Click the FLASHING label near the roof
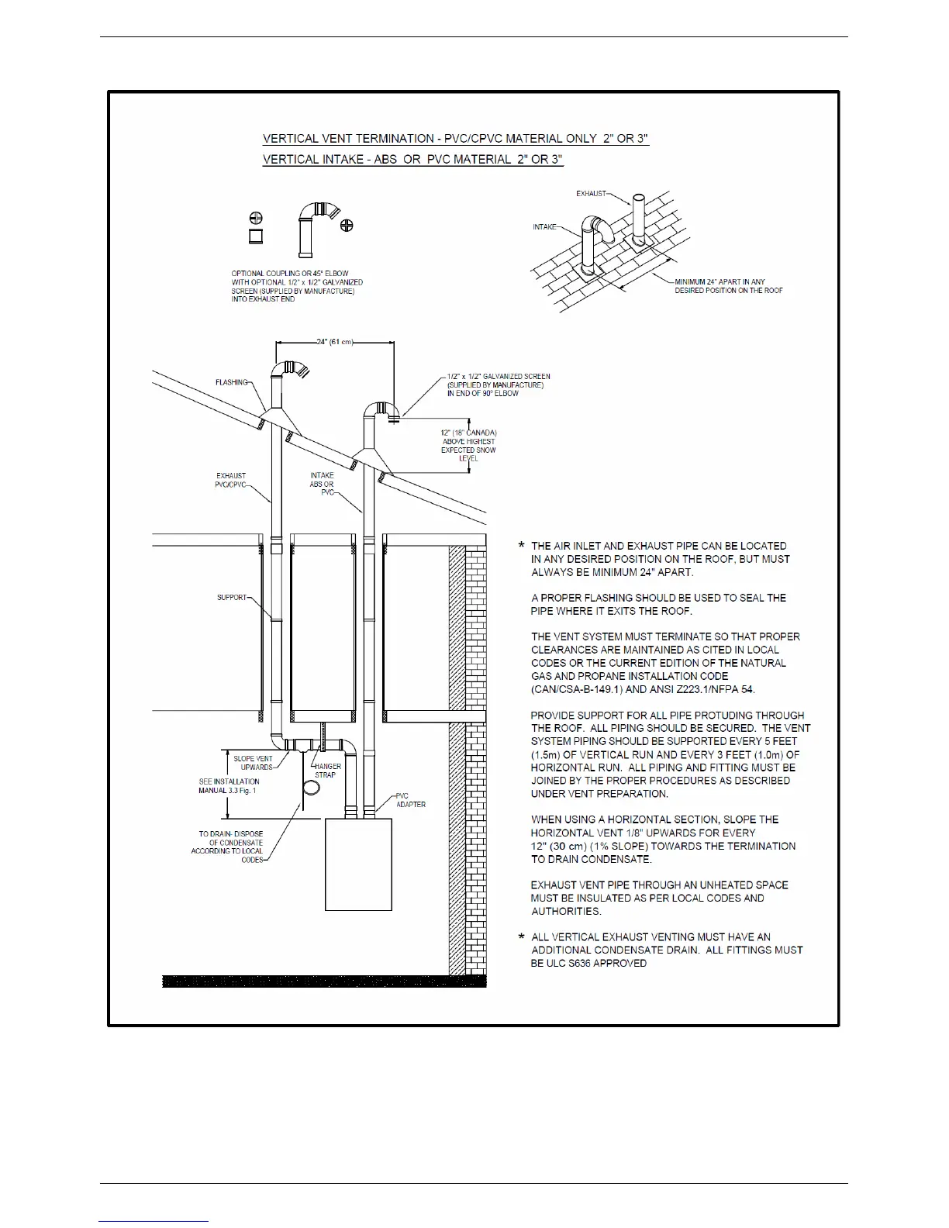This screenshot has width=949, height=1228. click(x=231, y=382)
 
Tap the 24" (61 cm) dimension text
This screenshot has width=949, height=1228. click(x=334, y=342)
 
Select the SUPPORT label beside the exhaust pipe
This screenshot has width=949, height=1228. click(x=231, y=598)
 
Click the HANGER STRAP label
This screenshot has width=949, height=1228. click(x=326, y=771)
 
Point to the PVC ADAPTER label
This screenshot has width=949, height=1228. click(x=410, y=800)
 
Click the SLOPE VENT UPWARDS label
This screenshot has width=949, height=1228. click(x=253, y=763)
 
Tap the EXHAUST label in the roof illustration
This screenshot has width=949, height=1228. click(x=591, y=193)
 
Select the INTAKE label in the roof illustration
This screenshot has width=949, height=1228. click(x=544, y=227)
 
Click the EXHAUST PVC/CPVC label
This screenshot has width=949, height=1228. click(x=231, y=480)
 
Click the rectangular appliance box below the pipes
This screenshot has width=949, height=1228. click(x=358, y=864)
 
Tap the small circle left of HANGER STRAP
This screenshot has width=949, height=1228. click(x=310, y=788)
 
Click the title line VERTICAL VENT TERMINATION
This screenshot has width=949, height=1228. click(x=456, y=139)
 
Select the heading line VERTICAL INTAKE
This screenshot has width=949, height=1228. click(x=412, y=160)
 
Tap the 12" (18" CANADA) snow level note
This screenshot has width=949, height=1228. click(x=469, y=445)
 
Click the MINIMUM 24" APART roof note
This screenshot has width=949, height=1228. click(x=728, y=286)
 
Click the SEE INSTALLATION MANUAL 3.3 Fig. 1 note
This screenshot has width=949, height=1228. click(x=229, y=786)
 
